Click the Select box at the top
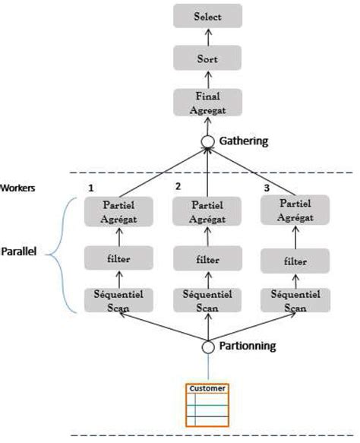207,16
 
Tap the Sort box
207,58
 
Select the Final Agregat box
207,103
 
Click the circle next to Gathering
207,141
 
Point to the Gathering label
244,141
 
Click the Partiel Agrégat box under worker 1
118,211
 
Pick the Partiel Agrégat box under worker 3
295,210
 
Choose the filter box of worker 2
207,258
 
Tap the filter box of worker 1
118,258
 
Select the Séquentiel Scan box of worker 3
295,300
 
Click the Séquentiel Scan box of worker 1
118,300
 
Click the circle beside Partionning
208,347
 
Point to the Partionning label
248,346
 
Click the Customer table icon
207,405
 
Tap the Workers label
17,188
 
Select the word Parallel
19,252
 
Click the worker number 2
178,186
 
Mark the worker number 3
267,188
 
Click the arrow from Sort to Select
208,37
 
